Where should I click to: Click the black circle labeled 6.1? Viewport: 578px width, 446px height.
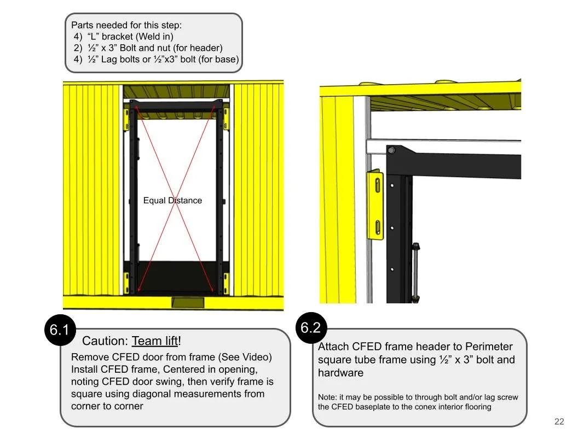click(x=59, y=330)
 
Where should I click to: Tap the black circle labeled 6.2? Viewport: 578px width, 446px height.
click(x=310, y=327)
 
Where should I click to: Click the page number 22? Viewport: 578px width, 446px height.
click(x=559, y=421)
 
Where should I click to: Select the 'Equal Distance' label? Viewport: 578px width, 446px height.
click(x=172, y=201)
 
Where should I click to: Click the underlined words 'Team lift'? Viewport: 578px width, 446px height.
click(x=155, y=341)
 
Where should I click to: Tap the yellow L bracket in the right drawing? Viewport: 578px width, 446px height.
click(x=377, y=206)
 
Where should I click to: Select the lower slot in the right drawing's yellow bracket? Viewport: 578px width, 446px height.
click(x=377, y=226)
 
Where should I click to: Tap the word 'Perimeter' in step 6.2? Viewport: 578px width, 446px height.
click(x=488, y=347)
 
